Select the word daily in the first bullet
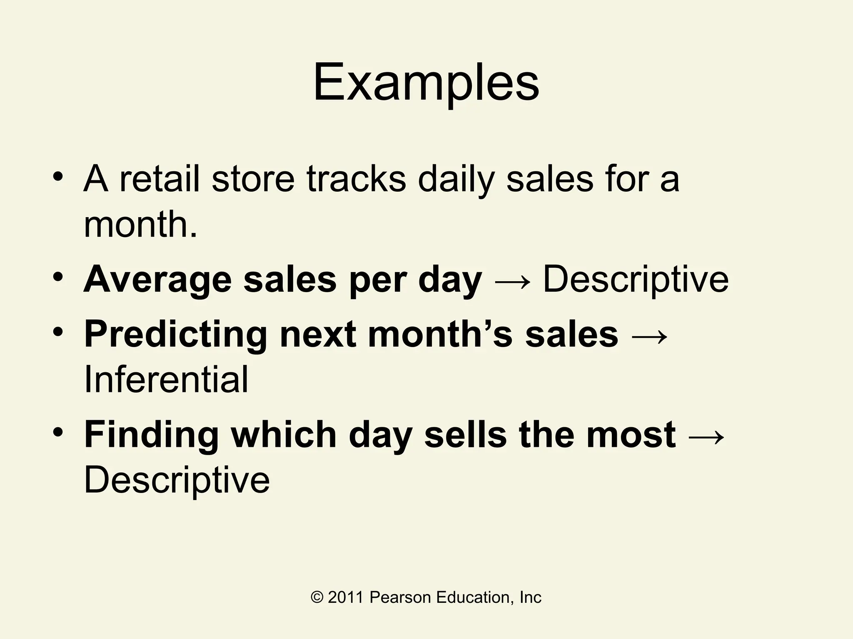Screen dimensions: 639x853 (456, 180)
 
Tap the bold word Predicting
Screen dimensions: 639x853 (175, 335)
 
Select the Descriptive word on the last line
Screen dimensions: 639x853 (177, 481)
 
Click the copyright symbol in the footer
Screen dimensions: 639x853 (317, 598)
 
